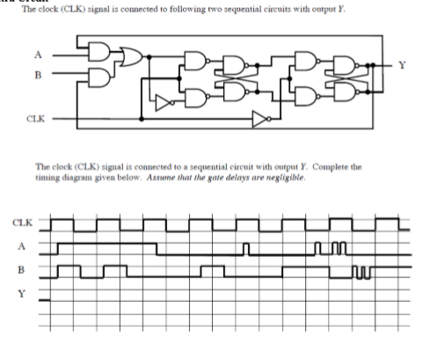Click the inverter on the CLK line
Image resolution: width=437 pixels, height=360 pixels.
(259, 117)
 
